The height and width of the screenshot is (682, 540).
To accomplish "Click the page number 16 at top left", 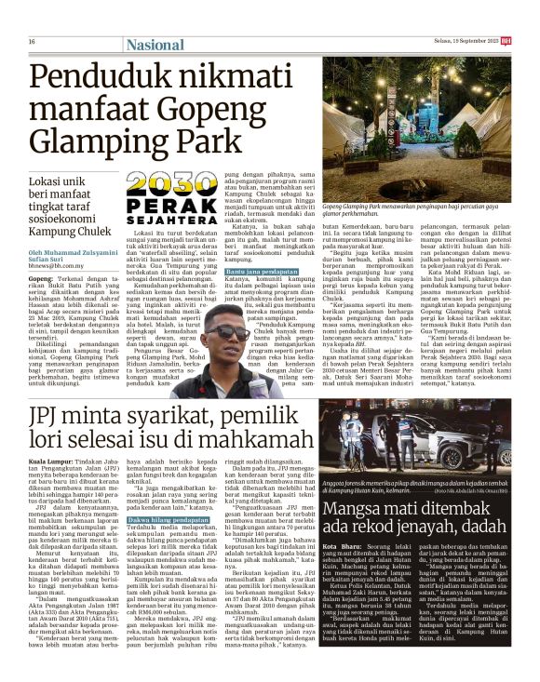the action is (x=32, y=42).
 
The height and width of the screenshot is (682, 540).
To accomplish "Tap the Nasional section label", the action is (x=155, y=43).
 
